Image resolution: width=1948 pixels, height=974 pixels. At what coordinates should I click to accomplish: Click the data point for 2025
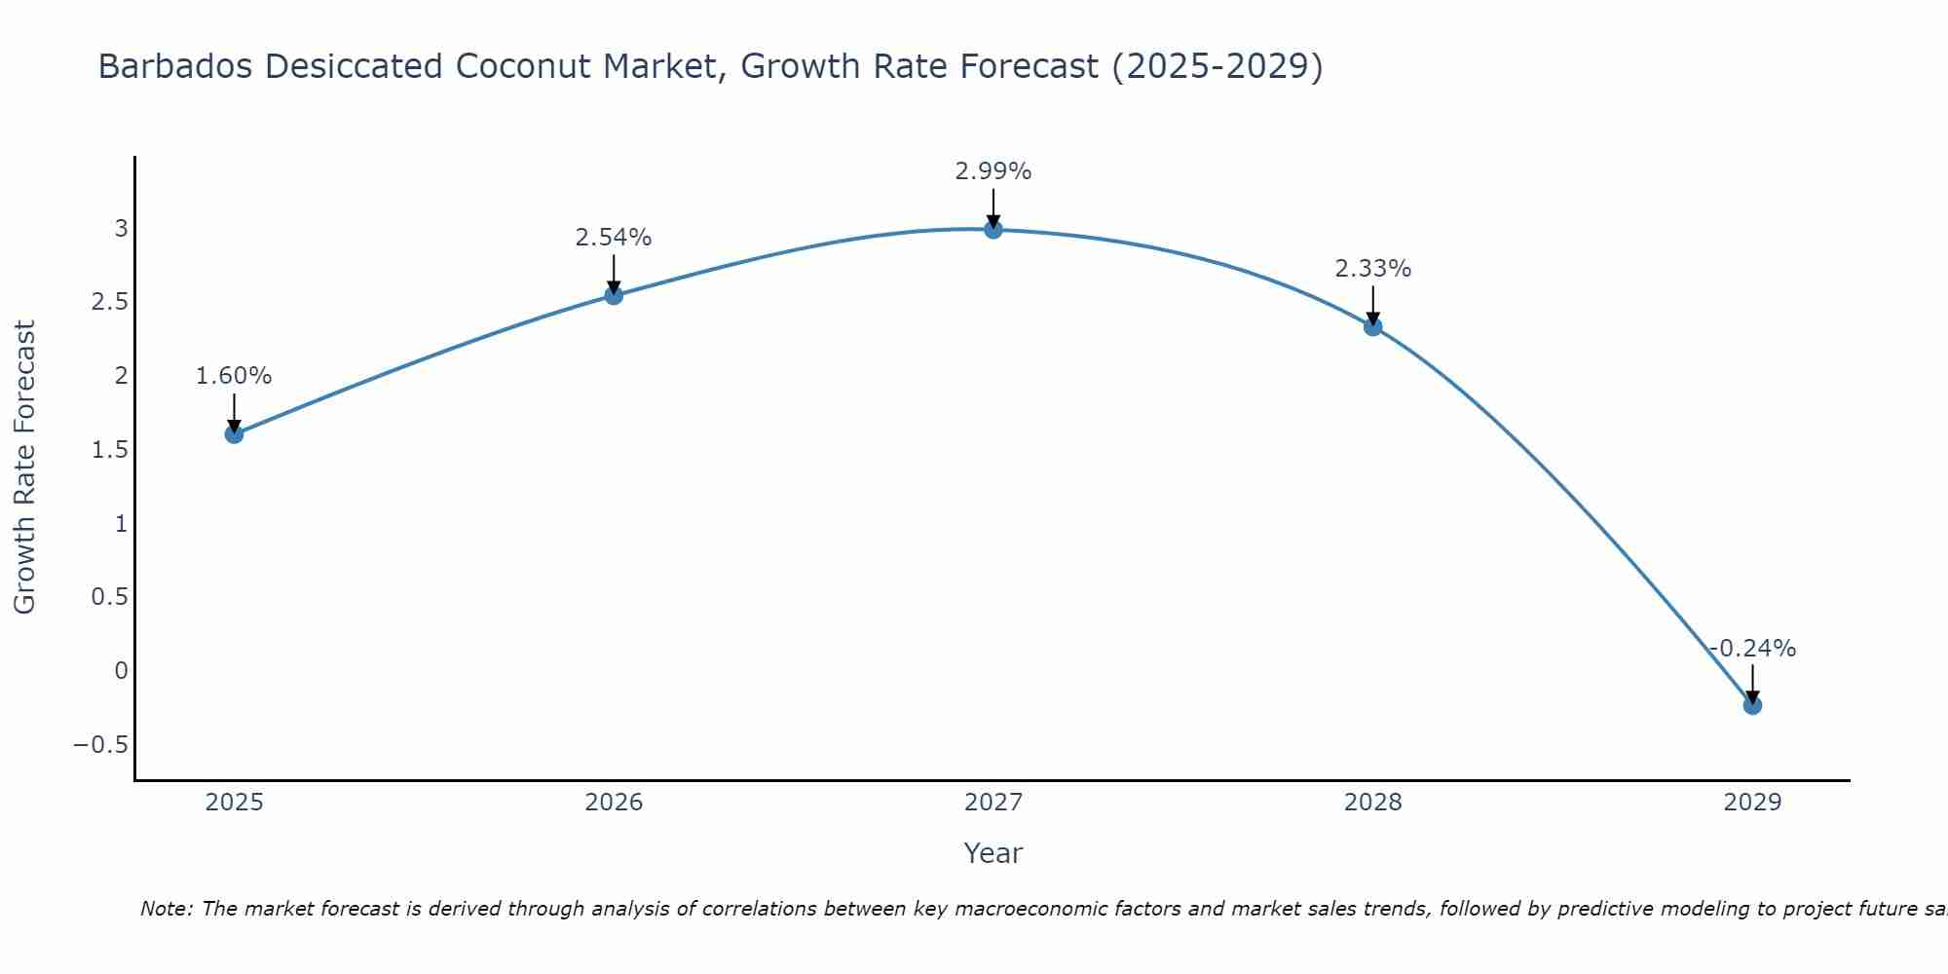pyautogui.click(x=234, y=433)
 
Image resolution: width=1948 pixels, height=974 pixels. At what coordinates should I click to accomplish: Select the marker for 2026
pyautogui.click(x=614, y=295)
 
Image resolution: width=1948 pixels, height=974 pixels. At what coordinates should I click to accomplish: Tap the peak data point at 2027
pyautogui.click(x=993, y=229)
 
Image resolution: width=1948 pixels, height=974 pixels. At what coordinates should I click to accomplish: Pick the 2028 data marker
pyautogui.click(x=1372, y=326)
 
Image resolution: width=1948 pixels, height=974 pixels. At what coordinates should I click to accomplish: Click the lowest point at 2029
pyautogui.click(x=1752, y=705)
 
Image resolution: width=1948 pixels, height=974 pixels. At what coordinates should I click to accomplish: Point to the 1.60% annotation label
pyautogui.click(x=234, y=376)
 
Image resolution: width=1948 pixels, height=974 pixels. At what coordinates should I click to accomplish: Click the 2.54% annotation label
pyautogui.click(x=614, y=238)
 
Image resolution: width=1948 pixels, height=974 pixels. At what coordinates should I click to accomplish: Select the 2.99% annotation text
pyautogui.click(x=993, y=171)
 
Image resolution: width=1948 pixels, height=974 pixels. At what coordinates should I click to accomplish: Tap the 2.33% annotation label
pyautogui.click(x=1372, y=269)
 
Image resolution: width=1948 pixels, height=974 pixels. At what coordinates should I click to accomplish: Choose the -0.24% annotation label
pyautogui.click(x=1752, y=649)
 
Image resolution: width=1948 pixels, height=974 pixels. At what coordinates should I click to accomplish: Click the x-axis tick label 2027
pyautogui.click(x=993, y=803)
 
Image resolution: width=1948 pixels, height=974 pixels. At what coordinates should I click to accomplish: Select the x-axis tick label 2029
pyautogui.click(x=1752, y=803)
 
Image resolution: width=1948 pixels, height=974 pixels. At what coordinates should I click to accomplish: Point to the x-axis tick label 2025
pyautogui.click(x=234, y=803)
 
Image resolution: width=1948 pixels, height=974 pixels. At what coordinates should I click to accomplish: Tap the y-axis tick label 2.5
pyautogui.click(x=109, y=302)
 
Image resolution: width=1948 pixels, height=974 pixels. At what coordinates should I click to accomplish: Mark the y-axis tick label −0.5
pyautogui.click(x=100, y=745)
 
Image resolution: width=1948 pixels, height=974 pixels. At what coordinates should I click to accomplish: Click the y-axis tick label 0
pyautogui.click(x=121, y=671)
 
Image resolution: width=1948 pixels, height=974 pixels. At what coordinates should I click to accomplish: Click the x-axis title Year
pyautogui.click(x=993, y=853)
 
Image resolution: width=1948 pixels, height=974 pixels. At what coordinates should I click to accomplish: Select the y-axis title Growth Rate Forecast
pyautogui.click(x=24, y=468)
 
